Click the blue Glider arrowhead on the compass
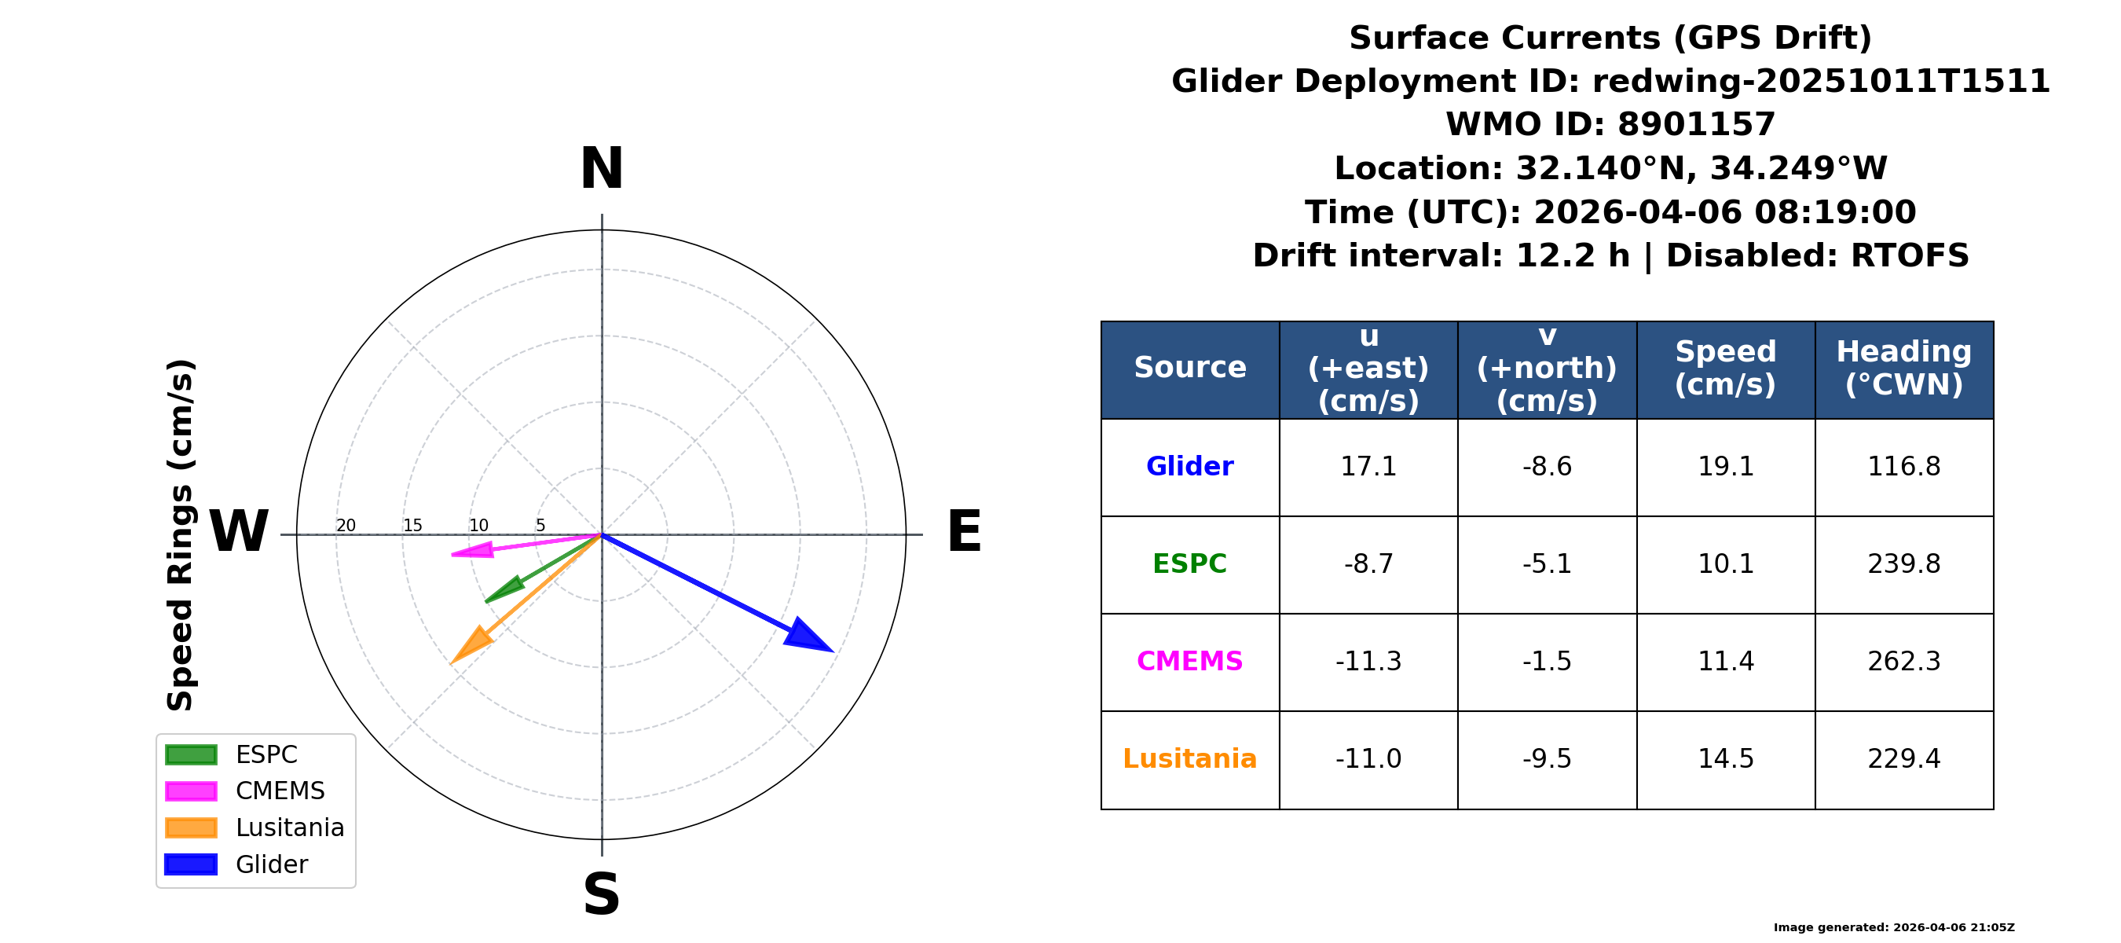[x=806, y=636]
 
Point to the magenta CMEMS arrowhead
[x=473, y=550]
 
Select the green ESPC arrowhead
[x=504, y=589]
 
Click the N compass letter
[x=602, y=169]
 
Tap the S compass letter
[x=602, y=894]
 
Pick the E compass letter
[x=964, y=531]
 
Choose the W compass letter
[x=239, y=531]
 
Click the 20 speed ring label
[x=346, y=526]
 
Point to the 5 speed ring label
[x=540, y=526]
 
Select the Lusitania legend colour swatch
[x=191, y=827]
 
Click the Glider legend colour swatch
[x=191, y=864]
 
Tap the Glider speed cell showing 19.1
[x=1726, y=467]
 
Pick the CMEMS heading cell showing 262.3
[x=1903, y=662]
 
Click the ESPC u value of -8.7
[x=1368, y=564]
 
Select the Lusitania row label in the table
[x=1190, y=758]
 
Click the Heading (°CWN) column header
[x=1903, y=368]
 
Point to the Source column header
[x=1190, y=367]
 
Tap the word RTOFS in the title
[x=1910, y=256]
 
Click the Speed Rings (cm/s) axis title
[x=181, y=535]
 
